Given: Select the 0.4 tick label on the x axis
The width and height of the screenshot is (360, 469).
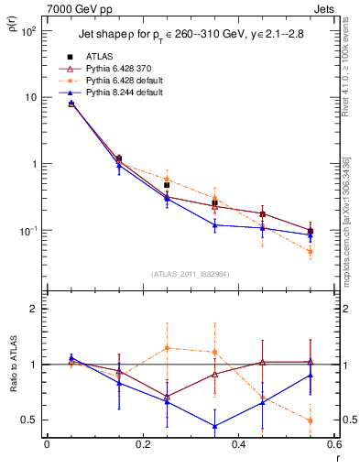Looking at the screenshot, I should [238, 445].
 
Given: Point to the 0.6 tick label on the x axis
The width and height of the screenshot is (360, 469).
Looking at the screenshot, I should [333, 445].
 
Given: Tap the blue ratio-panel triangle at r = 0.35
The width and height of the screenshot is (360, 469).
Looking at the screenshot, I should [214, 426].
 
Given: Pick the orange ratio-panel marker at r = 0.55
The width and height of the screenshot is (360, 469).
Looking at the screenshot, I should [311, 420].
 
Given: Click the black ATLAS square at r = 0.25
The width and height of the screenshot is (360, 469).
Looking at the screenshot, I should [167, 185].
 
